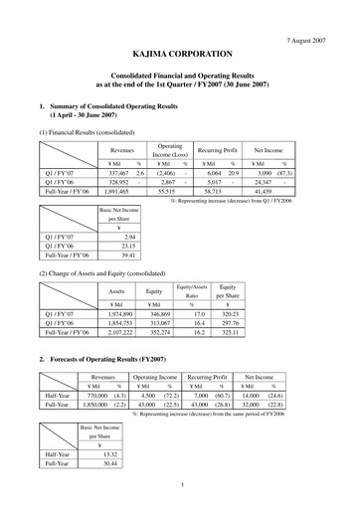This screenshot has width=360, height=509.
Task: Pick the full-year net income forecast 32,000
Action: click(256, 407)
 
